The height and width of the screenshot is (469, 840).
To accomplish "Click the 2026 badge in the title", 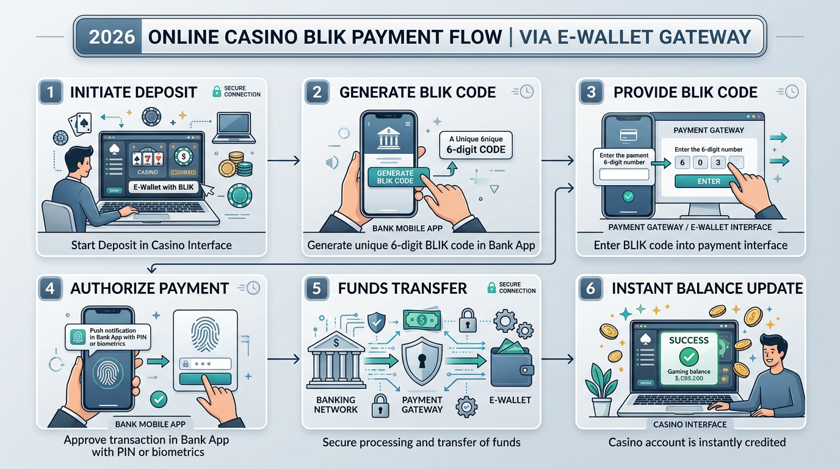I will [x=112, y=37].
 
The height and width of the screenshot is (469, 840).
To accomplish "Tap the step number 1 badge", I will [x=51, y=93].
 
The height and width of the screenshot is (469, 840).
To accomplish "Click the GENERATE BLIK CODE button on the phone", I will [x=395, y=177].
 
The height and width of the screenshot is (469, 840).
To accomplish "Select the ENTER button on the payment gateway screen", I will [x=709, y=181].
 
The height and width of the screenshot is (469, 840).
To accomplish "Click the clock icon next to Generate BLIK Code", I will [x=524, y=92].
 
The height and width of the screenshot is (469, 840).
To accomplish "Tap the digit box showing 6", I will [x=682, y=162].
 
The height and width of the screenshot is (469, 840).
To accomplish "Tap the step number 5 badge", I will [x=316, y=288].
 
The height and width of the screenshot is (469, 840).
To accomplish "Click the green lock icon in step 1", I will [x=216, y=92].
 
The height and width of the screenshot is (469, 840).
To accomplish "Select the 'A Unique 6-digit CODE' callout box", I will [x=477, y=144].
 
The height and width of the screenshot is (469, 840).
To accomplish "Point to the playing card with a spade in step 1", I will [x=81, y=124].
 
